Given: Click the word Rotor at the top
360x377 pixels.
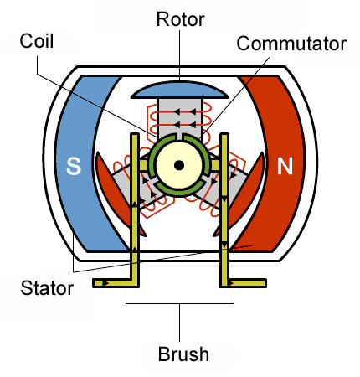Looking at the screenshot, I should [x=181, y=18].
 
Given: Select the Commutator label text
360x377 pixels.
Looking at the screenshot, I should [x=291, y=44].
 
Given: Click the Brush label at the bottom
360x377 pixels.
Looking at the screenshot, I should [x=183, y=354].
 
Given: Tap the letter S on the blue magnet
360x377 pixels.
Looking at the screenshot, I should [x=74, y=166].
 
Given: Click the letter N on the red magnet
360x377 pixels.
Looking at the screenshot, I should [x=285, y=166].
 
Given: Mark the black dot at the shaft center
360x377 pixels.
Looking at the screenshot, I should [x=178, y=165].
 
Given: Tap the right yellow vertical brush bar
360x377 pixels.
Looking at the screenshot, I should [x=224, y=209].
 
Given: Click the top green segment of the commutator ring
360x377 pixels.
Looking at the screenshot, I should [x=178, y=138].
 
